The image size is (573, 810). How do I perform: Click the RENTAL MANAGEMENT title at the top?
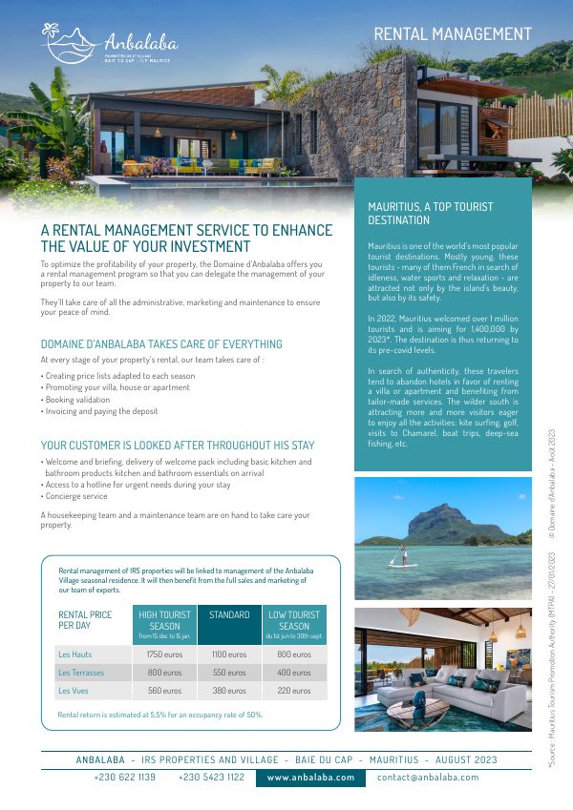point(453,34)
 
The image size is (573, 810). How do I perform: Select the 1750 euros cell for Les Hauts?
point(163,655)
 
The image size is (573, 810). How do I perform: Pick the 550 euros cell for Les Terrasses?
point(229,673)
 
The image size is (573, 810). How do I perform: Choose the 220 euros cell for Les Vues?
point(294,690)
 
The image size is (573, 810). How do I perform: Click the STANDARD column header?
point(229,615)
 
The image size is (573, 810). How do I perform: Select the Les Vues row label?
point(75,690)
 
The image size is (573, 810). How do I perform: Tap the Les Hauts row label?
point(75,655)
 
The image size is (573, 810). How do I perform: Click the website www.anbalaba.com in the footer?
point(310,778)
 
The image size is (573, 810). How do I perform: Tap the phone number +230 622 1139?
point(125,778)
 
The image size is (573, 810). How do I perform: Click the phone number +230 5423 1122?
point(211,778)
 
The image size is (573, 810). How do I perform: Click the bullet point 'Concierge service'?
point(75,496)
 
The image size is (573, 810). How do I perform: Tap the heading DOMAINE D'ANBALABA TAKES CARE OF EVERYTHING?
point(161,343)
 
